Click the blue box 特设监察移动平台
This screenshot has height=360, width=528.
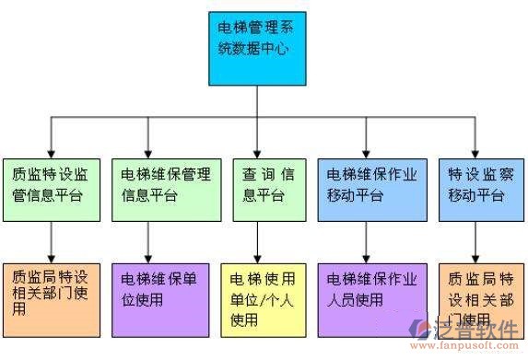(x=475, y=188)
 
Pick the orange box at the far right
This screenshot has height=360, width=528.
(x=475, y=293)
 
